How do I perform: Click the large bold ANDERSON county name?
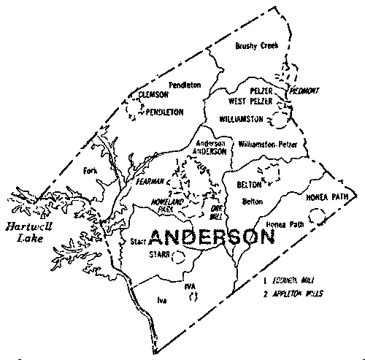(x=212, y=237)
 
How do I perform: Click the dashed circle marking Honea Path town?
(x=317, y=216)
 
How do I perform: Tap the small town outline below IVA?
(x=193, y=296)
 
